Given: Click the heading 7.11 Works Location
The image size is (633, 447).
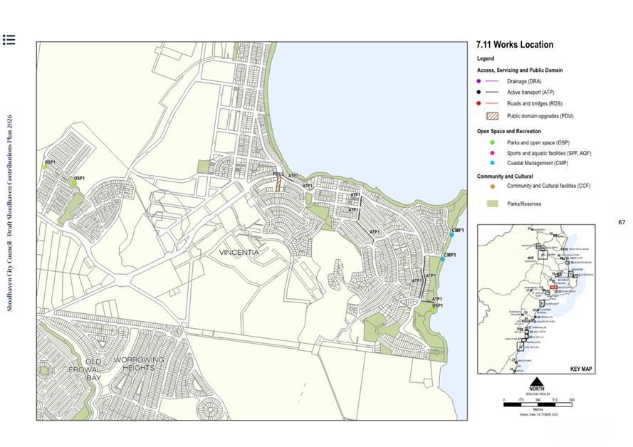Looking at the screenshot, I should (514, 45).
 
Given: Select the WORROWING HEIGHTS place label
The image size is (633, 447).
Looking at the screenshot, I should (139, 364).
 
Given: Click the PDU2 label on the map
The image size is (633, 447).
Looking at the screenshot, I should (278, 174).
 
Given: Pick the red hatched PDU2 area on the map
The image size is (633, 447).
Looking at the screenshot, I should (278, 184).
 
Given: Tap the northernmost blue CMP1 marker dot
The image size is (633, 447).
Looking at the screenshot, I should (451, 235).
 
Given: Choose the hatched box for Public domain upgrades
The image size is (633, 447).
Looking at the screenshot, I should (491, 116).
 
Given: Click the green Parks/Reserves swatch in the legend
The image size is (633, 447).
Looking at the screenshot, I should (491, 204).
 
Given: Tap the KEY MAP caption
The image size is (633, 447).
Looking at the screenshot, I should (581, 369).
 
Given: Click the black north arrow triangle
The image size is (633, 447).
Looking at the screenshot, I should (538, 379).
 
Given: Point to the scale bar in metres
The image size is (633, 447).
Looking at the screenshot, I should (538, 404).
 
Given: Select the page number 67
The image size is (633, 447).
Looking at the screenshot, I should (621, 223).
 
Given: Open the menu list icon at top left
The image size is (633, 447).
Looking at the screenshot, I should (9, 40).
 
